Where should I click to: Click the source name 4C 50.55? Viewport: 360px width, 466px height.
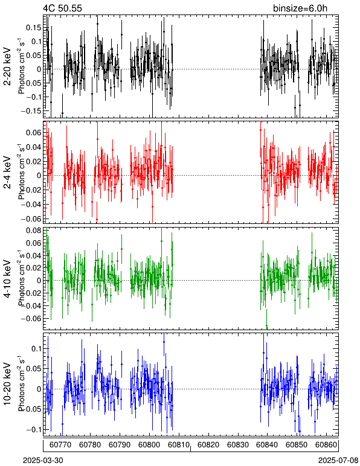[x=62, y=8]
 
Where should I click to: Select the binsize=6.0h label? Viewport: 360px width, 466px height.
[x=300, y=8]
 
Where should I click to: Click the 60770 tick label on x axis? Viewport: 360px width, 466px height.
[x=60, y=445]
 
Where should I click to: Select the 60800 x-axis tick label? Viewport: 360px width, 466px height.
[x=149, y=445]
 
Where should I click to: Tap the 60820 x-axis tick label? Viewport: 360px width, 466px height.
[x=208, y=445]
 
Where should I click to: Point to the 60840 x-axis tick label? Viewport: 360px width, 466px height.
[x=268, y=445]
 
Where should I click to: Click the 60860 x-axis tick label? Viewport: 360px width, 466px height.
[x=326, y=445]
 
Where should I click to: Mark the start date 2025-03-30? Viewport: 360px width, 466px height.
[x=43, y=461]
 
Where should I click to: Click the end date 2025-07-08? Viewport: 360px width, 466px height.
[x=338, y=461]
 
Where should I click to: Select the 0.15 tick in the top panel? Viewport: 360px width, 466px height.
[x=34, y=28]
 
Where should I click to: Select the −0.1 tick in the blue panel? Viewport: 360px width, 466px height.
[x=34, y=430]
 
